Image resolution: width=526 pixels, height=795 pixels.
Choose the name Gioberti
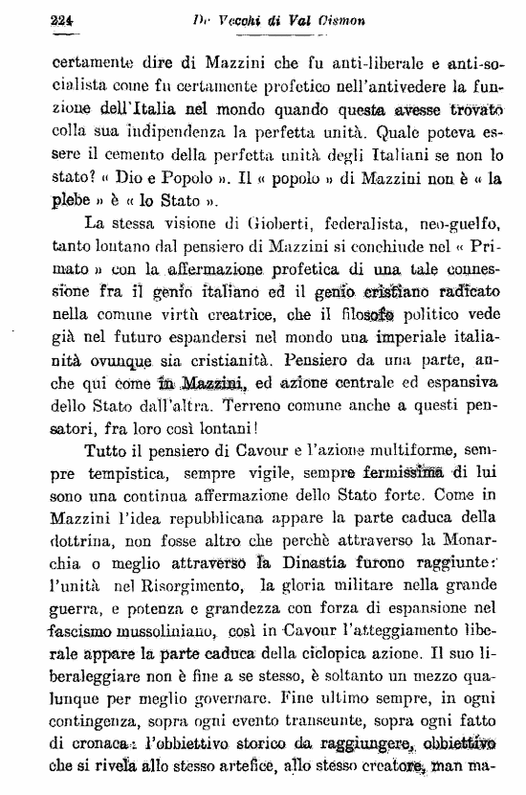tap(278, 224)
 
